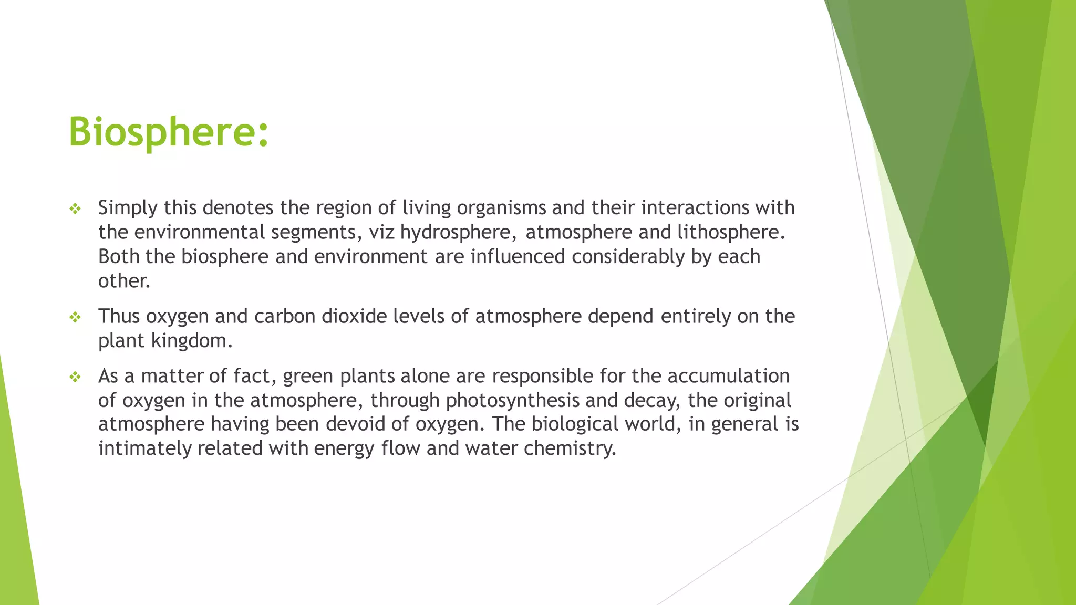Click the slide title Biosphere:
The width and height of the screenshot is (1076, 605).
pyautogui.click(x=169, y=131)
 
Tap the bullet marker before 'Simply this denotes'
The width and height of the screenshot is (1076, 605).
pyautogui.click(x=75, y=209)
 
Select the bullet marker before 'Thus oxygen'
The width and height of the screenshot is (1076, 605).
pyautogui.click(x=75, y=317)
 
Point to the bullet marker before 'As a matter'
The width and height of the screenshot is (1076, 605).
pyautogui.click(x=75, y=377)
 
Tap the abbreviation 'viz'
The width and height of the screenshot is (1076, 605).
pyautogui.click(x=381, y=232)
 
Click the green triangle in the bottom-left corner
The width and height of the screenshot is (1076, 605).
pyautogui.click(x=16, y=525)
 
